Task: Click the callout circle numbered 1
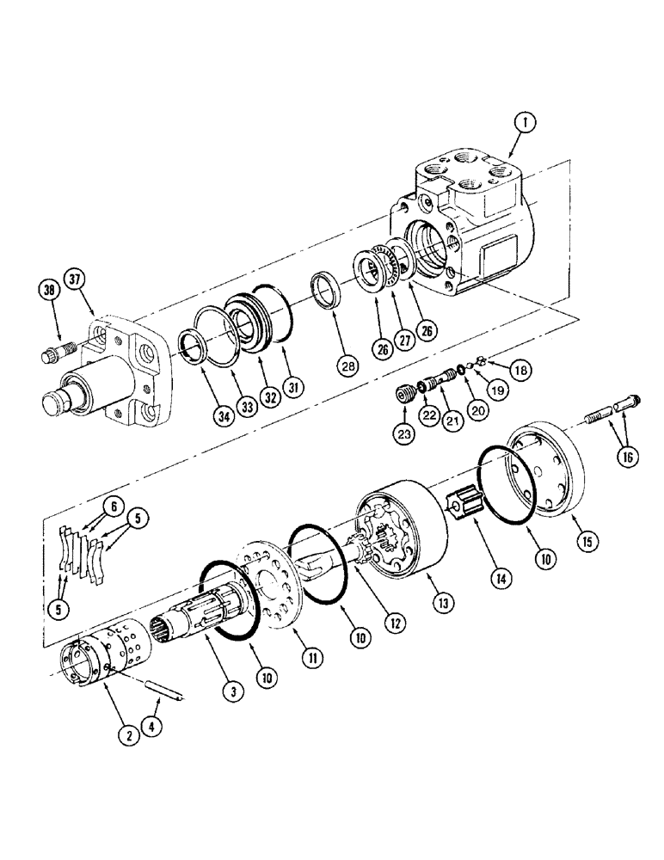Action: pos(521,125)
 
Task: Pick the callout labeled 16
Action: pos(627,458)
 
